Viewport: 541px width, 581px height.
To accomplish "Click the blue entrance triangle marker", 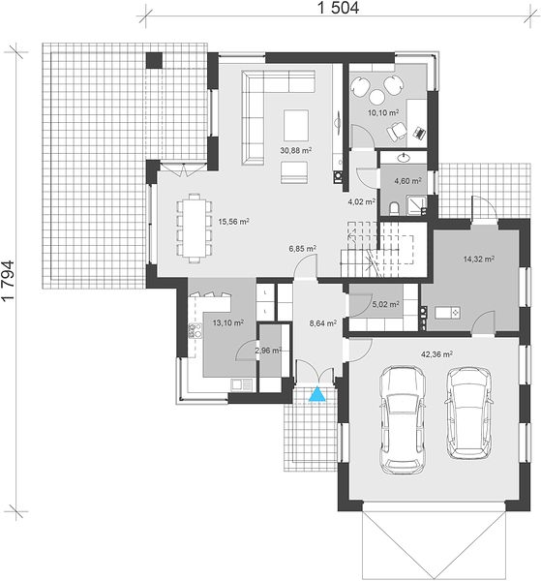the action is point(317,394).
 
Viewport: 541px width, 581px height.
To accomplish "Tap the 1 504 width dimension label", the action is point(339,8).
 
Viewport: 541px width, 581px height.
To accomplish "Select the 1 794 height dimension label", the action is point(8,281).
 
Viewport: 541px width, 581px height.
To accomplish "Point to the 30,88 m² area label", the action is point(295,150).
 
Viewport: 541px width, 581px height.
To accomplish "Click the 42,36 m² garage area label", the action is point(436,354).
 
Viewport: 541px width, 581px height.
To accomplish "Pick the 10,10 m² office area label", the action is point(383,112).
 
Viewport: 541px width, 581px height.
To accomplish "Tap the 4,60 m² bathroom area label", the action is point(407,181).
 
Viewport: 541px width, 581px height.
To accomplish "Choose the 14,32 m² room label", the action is point(479,259).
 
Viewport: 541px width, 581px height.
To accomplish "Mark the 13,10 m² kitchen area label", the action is point(227,322).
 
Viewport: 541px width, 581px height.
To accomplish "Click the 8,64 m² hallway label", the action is point(323,323).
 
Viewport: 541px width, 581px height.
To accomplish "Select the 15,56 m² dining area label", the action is point(233,222).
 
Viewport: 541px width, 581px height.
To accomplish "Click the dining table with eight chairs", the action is point(195,229).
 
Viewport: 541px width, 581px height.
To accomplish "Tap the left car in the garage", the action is point(402,420).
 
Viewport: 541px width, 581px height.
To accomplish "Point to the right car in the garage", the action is point(468,413).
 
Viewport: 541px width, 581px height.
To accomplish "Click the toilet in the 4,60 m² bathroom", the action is point(394,208).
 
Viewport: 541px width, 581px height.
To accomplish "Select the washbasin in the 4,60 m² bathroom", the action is point(404,158).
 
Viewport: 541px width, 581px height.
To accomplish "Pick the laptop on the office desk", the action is point(419,133).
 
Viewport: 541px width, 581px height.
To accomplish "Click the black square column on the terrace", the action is point(154,60).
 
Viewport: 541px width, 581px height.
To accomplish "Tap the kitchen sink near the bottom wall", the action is point(241,384).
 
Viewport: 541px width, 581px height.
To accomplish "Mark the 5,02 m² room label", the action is point(385,305).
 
